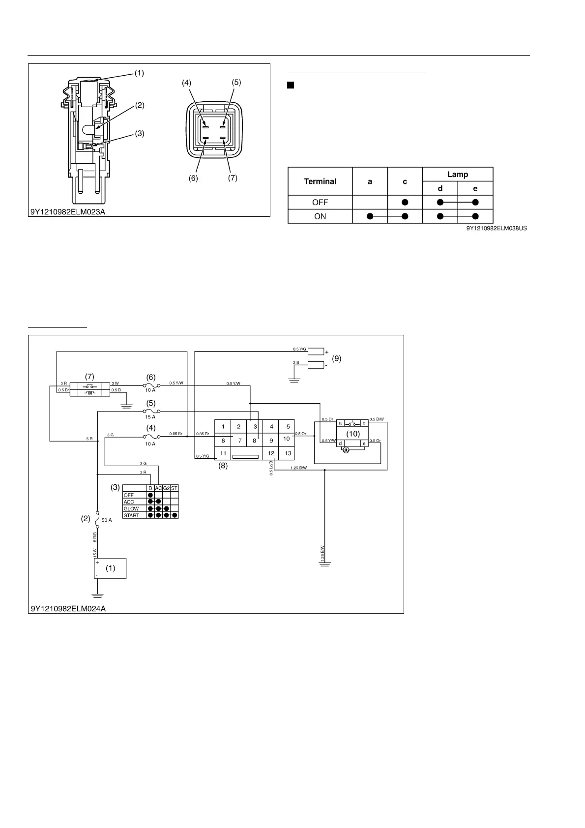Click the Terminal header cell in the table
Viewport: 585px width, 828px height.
pyautogui.click(x=320, y=181)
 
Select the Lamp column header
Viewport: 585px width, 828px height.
pyautogui.click(x=457, y=175)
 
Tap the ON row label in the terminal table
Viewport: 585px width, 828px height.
pyautogui.click(x=320, y=216)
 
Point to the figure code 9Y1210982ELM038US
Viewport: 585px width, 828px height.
pyautogui.click(x=497, y=229)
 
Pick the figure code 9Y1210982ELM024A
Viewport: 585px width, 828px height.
pyautogui.click(x=68, y=609)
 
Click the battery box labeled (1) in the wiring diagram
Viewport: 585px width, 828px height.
pyautogui.click(x=111, y=568)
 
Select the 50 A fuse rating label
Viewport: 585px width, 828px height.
pyautogui.click(x=107, y=520)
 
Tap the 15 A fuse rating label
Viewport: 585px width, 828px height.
pyautogui.click(x=150, y=417)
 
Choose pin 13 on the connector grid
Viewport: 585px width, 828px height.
pyautogui.click(x=288, y=453)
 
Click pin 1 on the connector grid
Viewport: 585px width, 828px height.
pyautogui.click(x=223, y=427)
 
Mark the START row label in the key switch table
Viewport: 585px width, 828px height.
pyautogui.click(x=131, y=516)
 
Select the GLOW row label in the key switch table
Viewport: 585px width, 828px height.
pyautogui.click(x=131, y=509)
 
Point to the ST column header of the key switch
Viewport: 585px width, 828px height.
pyautogui.click(x=174, y=488)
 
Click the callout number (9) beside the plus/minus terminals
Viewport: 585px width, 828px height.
pyautogui.click(x=337, y=358)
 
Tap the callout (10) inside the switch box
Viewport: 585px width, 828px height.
pyautogui.click(x=353, y=434)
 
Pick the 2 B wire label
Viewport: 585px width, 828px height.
pyautogui.click(x=296, y=362)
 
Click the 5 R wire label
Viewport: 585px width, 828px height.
pyautogui.click(x=89, y=439)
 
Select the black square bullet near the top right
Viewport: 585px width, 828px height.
pyautogui.click(x=290, y=86)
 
